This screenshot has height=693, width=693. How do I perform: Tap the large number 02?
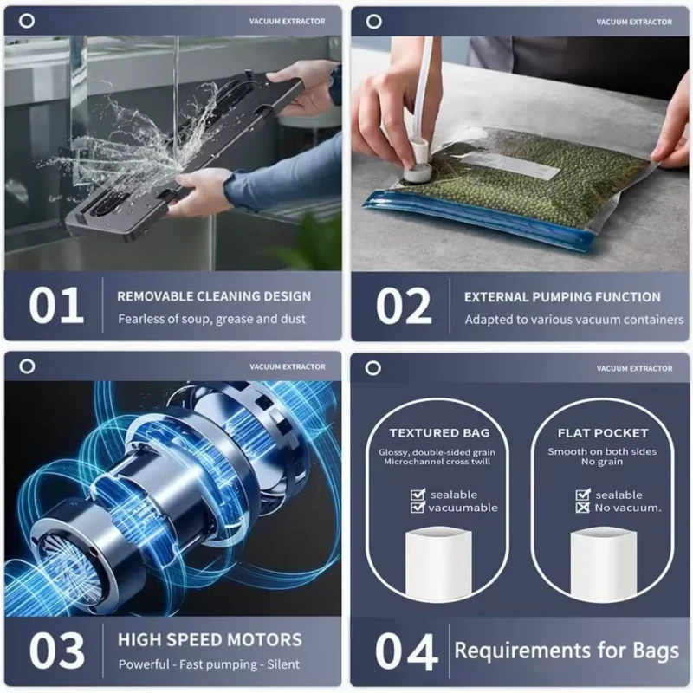click(x=404, y=306)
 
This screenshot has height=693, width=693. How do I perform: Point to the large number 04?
click(x=405, y=652)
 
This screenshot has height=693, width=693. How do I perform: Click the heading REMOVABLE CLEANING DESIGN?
click(x=214, y=296)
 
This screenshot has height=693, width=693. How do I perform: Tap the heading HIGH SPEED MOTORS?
click(x=210, y=641)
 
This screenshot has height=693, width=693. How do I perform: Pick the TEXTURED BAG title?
click(x=439, y=432)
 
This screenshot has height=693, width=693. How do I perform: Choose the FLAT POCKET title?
click(x=603, y=432)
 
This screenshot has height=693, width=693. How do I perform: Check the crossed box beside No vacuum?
click(x=584, y=508)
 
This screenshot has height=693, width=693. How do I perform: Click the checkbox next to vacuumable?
click(x=418, y=508)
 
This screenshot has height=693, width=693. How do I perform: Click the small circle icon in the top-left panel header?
click(x=27, y=21)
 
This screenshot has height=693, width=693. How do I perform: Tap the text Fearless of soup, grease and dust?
click(x=211, y=319)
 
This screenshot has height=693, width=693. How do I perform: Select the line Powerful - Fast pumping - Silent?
click(x=208, y=664)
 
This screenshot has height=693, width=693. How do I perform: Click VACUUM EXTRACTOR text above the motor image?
click(x=288, y=367)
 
